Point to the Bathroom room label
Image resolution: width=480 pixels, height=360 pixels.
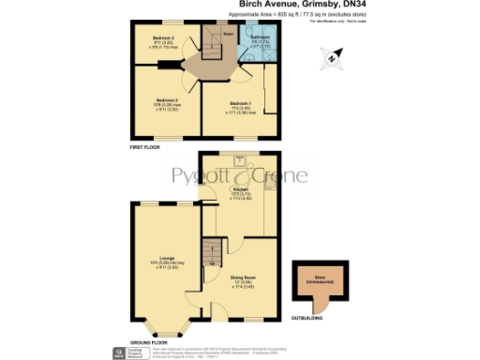click(260, 37)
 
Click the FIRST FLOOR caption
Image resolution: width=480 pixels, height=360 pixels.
click(146, 148)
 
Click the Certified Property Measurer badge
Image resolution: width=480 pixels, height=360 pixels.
click(118, 352)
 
